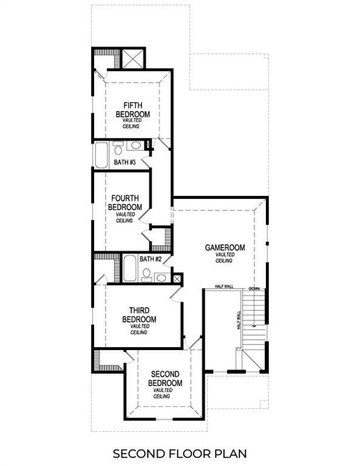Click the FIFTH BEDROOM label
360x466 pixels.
(x=133, y=110)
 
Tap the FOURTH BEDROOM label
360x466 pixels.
(x=125, y=203)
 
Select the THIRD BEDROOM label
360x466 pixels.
(x=139, y=315)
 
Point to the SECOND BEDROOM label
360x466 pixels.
(x=166, y=379)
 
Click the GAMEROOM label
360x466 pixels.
(x=225, y=248)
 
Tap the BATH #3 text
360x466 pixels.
(x=124, y=163)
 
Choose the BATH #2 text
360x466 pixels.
(x=150, y=259)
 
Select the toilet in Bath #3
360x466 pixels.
(x=118, y=148)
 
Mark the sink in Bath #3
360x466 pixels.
(x=137, y=145)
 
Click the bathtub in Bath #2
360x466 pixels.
(x=129, y=268)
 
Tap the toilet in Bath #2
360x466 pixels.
(x=146, y=275)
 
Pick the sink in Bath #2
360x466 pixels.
(x=161, y=277)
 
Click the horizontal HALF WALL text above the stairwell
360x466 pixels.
(x=225, y=286)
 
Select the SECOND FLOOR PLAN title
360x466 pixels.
(x=180, y=453)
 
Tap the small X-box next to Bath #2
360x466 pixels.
(x=177, y=279)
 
